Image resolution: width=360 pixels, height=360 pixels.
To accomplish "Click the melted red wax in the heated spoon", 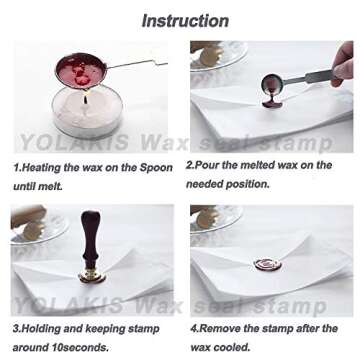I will pyautogui.click(x=81, y=75).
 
